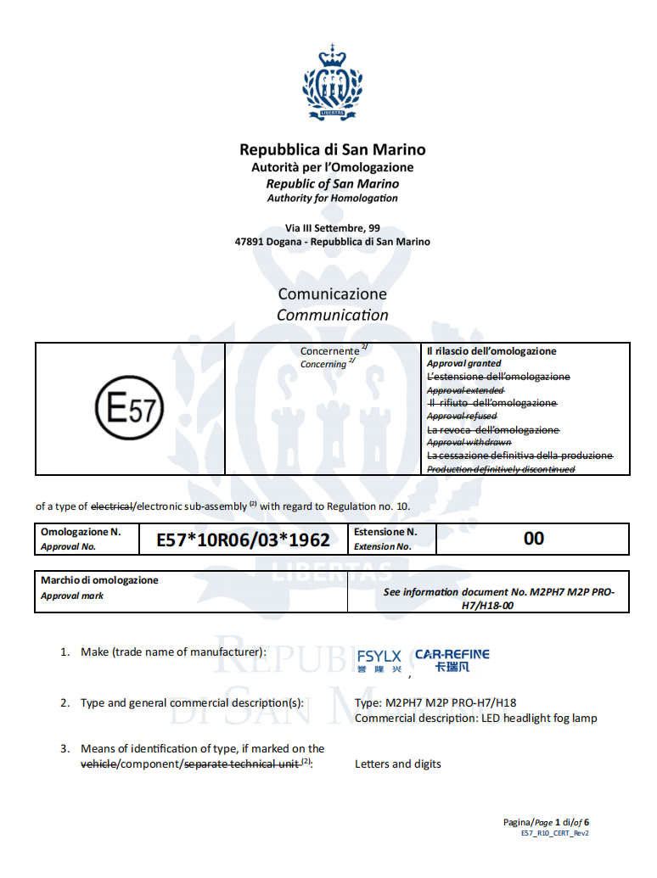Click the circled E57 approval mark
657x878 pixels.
pyautogui.click(x=130, y=410)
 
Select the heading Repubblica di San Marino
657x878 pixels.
pyautogui.click(x=332, y=150)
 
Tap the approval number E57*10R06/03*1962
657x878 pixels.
pyautogui.click(x=243, y=540)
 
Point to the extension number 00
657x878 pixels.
pyautogui.click(x=533, y=539)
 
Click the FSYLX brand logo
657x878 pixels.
pyautogui.click(x=379, y=661)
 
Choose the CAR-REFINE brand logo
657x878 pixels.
pyautogui.click(x=452, y=660)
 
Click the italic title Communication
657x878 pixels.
pyautogui.click(x=332, y=316)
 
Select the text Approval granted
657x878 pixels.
pyautogui.click(x=463, y=364)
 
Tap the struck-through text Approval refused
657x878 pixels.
pyautogui.click(x=462, y=417)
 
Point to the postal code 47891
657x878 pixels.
pyautogui.click(x=250, y=242)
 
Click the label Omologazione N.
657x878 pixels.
pyautogui.click(x=81, y=532)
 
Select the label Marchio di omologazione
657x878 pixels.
pyautogui.click(x=100, y=580)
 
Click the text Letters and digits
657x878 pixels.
pyautogui.click(x=397, y=764)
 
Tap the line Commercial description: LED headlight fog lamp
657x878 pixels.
pyautogui.click(x=475, y=719)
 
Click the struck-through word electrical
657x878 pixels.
pyautogui.click(x=112, y=506)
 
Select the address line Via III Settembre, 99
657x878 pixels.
pyautogui.click(x=332, y=228)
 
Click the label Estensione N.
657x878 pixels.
pyautogui.click(x=385, y=532)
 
